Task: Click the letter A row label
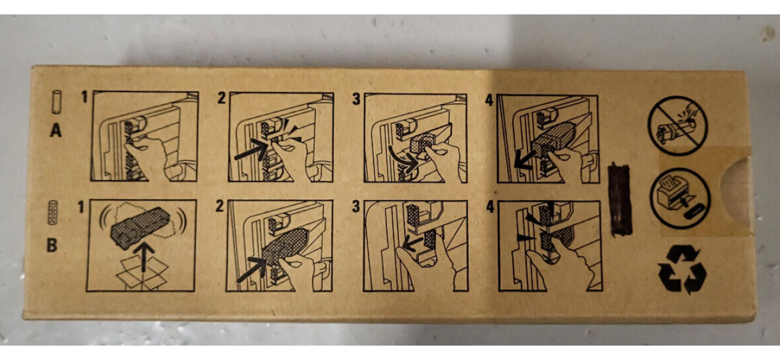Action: (x=56, y=131)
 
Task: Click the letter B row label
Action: (x=52, y=245)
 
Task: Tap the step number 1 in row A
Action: (x=84, y=97)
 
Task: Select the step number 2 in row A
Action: (x=221, y=98)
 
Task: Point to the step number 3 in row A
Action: (x=356, y=98)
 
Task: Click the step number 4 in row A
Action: (x=490, y=100)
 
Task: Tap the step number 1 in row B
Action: (x=81, y=207)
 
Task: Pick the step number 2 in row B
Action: (x=220, y=206)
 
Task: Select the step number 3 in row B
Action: (x=356, y=206)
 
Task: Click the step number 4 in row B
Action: (x=490, y=207)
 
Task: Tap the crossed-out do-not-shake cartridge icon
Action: (x=677, y=125)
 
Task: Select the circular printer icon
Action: (x=680, y=198)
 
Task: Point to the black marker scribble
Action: (x=620, y=199)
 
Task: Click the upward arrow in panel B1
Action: (x=144, y=257)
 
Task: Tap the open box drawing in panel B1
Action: (x=143, y=274)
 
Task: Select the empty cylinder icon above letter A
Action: (x=56, y=102)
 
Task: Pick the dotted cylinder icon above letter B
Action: (x=53, y=212)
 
